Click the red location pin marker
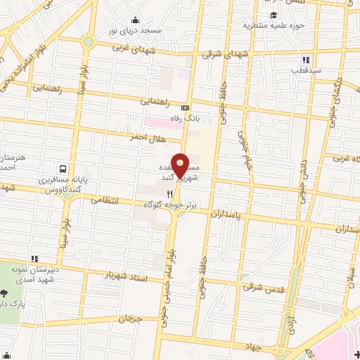coord(181,165)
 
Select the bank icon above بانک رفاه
coord(186,108)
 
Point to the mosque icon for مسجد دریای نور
coord(134,20)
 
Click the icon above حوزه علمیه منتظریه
coord(272,15)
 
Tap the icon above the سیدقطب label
coord(306,60)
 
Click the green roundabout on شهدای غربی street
coord(87,41)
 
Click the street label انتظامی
coord(106,200)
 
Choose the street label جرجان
coord(131,319)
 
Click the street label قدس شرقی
coord(261,287)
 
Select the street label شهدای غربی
coord(131,48)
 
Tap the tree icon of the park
coord(5,294)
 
